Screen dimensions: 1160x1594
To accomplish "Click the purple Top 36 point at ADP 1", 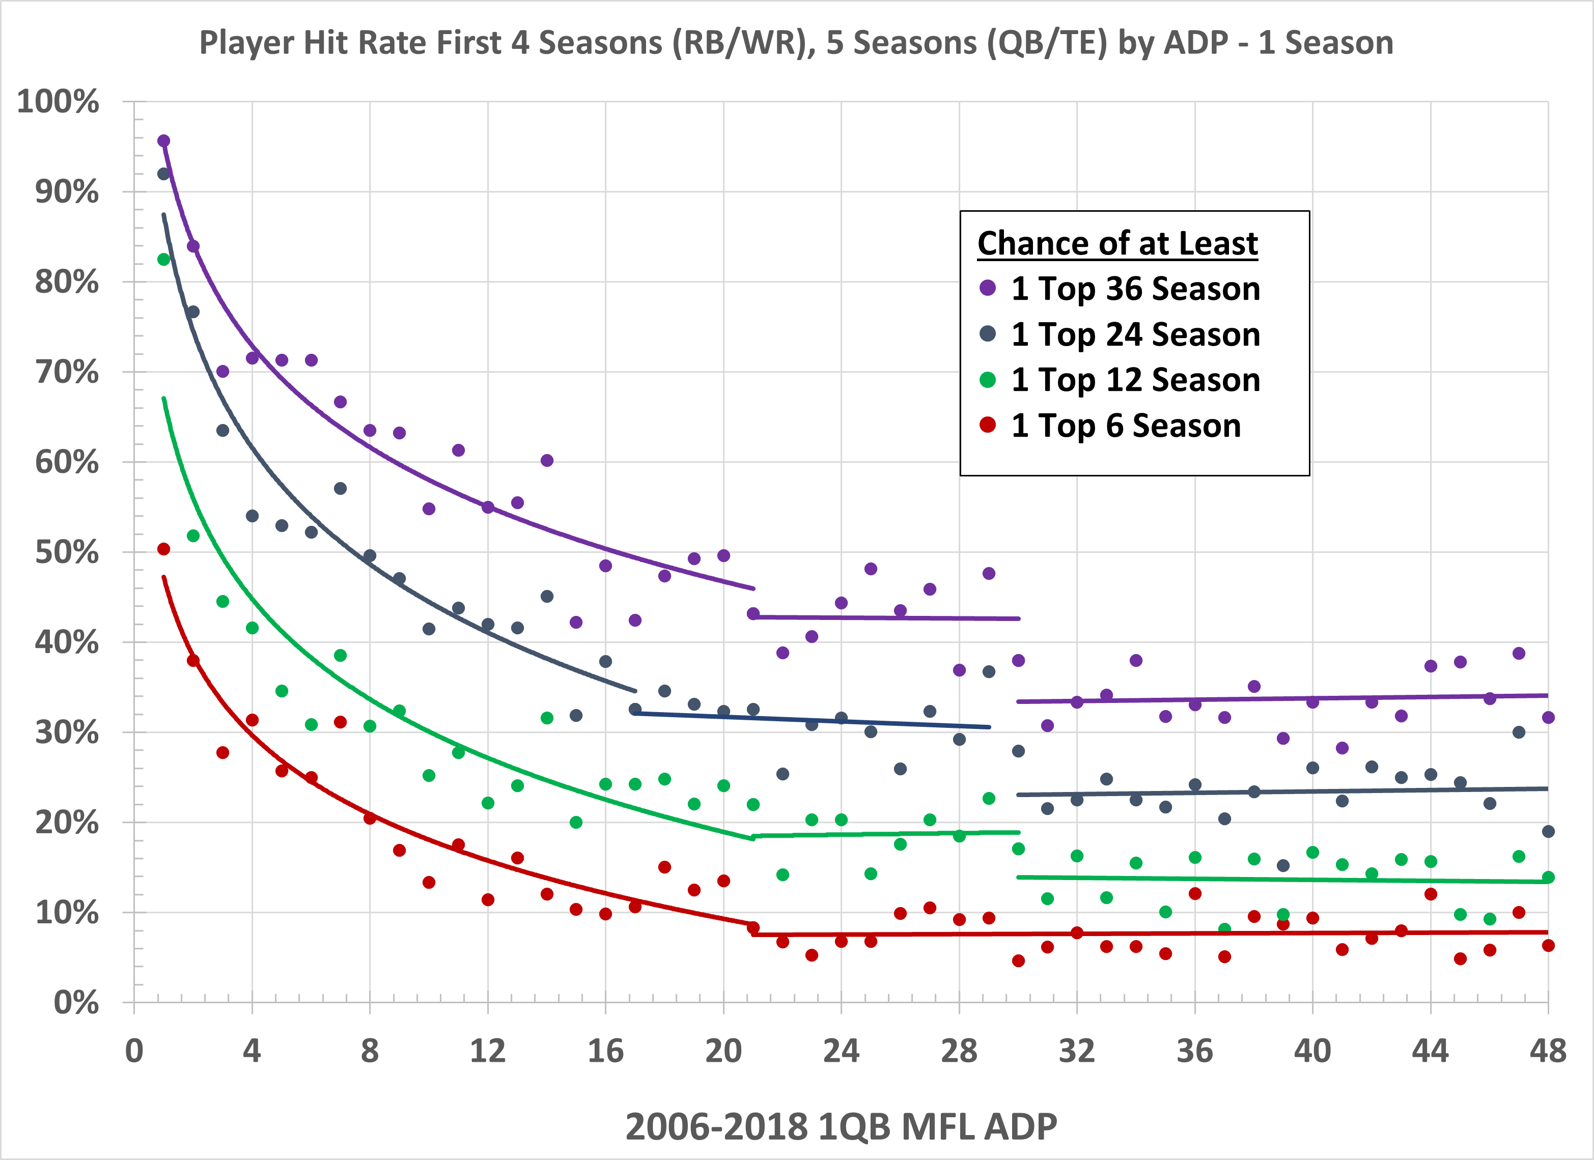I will tap(164, 140).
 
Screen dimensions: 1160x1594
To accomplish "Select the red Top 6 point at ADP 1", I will tap(164, 549).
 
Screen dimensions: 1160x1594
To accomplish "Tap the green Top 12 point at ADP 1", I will tap(164, 259).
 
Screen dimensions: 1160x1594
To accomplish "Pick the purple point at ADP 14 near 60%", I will tap(547, 460).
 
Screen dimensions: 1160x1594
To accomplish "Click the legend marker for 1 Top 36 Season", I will tap(988, 288).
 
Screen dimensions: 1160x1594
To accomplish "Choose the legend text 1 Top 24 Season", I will tap(1135, 334).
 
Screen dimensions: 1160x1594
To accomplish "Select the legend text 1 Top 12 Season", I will tap(1135, 380).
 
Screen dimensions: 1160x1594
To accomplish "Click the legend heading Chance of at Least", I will tap(1117, 243).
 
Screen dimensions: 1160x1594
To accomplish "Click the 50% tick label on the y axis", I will tap(67, 552).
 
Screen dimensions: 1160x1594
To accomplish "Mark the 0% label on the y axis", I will tap(76, 1003).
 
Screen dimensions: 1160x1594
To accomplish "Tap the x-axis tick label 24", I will tap(841, 1052).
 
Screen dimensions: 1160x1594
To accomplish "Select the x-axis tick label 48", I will tap(1548, 1052).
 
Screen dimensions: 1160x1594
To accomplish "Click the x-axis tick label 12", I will tap(488, 1052).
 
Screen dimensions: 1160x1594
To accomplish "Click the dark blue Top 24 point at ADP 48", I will tap(1548, 831).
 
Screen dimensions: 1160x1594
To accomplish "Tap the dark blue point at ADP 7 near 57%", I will tap(340, 488).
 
